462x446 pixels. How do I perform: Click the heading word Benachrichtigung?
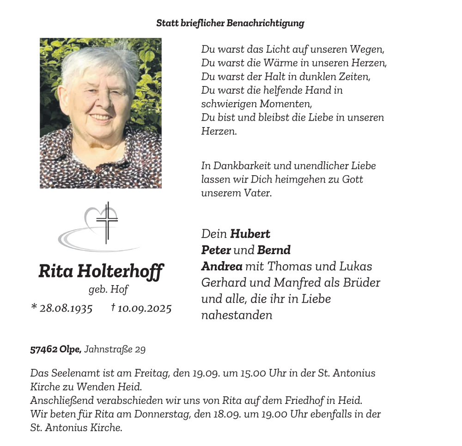pos(265,23)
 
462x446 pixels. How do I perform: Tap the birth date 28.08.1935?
pos(66,308)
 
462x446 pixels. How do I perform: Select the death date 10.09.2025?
pos(145,308)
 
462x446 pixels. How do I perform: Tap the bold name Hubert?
pos(250,234)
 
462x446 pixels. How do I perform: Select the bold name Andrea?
pos(222,266)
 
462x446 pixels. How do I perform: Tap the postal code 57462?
pos(44,350)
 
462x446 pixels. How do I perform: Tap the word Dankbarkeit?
pos(242,165)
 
